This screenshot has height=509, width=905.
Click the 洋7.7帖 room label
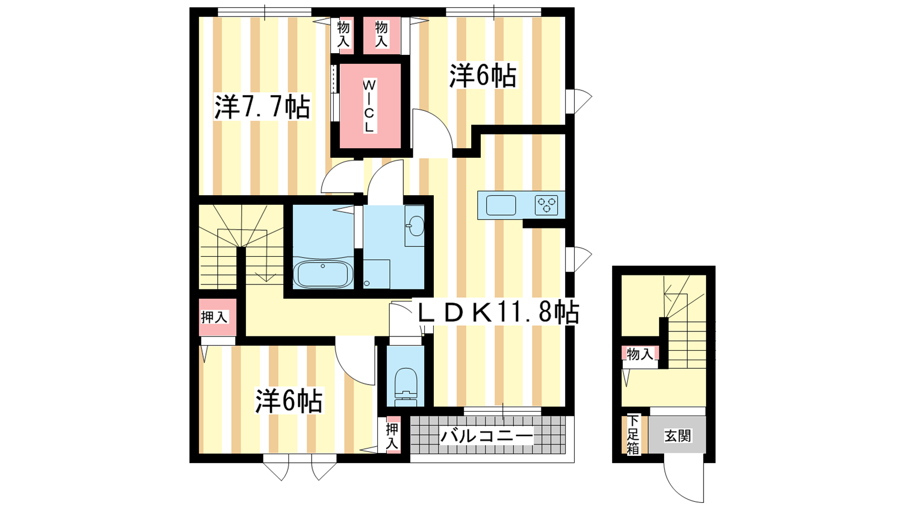coord(262,107)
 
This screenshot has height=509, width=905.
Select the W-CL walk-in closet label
coord(369,106)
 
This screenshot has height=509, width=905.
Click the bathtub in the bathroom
coord(323,274)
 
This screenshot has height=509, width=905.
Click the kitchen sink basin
coord(501,205)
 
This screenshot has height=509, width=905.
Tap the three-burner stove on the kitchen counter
coord(546,205)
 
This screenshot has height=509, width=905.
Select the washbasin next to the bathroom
coord(415,226)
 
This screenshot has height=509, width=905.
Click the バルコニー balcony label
coord(487,436)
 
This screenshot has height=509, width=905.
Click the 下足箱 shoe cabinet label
coord(633,435)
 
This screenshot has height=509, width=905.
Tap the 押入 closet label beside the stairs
coord(214,317)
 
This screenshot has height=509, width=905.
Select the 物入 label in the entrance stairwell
coord(640,354)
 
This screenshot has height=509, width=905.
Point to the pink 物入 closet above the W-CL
coord(382,35)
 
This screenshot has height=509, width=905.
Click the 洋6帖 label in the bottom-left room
coord(289,401)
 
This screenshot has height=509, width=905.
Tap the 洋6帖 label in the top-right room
coord(483,75)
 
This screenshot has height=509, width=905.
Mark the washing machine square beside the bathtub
coord(377,274)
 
